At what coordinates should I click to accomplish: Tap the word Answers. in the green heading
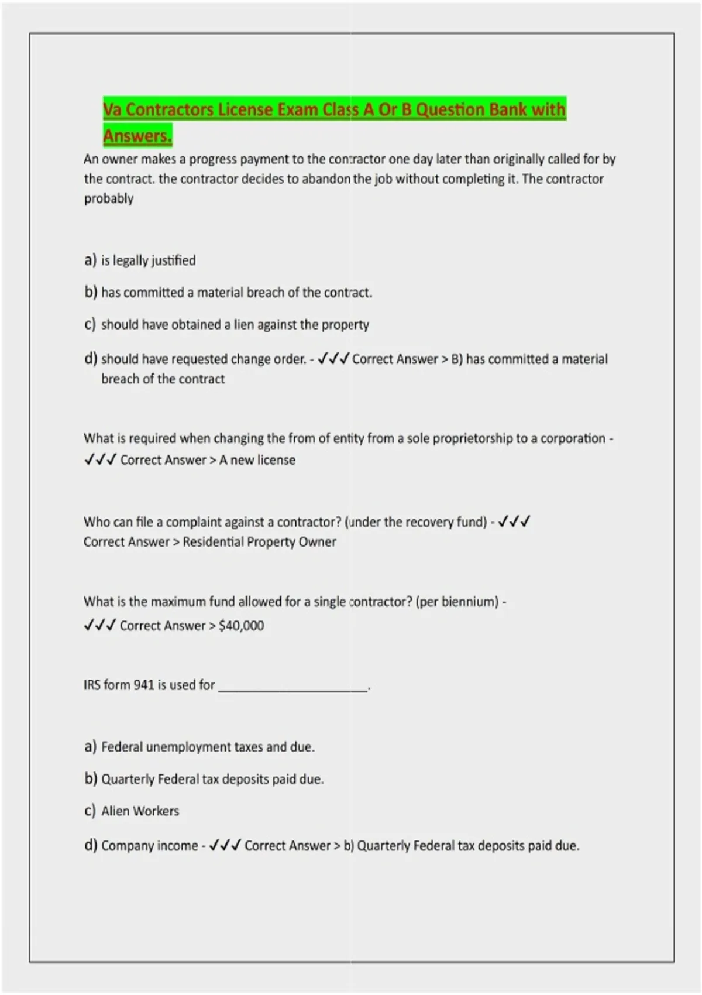[x=137, y=136]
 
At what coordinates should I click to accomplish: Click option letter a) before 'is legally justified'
[x=90, y=260]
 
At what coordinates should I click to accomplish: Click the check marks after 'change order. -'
[x=333, y=359]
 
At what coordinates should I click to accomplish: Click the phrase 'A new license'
[x=257, y=460]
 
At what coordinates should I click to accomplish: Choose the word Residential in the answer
[x=213, y=542]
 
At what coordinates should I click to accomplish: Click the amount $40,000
[x=241, y=626]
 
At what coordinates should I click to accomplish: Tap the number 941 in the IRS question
[x=144, y=685]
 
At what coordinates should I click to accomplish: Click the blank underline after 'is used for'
[x=293, y=688]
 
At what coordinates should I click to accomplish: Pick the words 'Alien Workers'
[x=140, y=811]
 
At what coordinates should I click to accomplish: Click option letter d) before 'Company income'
[x=90, y=845]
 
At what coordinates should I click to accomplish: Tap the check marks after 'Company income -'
[x=225, y=845]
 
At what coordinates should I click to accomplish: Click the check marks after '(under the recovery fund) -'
[x=514, y=521]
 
